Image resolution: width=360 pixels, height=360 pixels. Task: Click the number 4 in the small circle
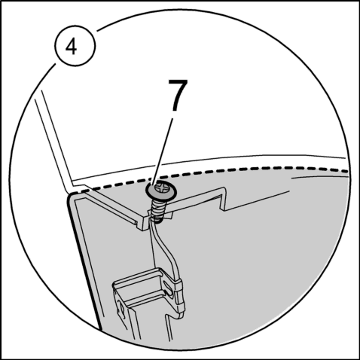tap(71, 47)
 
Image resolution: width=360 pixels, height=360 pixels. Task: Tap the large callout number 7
tap(178, 95)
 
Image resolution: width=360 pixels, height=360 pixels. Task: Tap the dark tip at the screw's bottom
tap(158, 220)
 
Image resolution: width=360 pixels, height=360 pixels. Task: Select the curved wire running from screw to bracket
tap(168, 251)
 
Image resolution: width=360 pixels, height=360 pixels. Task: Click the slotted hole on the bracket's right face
tap(168, 288)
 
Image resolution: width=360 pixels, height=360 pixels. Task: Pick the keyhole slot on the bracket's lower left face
tap(121, 311)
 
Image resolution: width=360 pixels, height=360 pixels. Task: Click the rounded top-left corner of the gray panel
tap(70, 196)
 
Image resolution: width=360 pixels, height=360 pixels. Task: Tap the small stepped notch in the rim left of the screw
tap(142, 224)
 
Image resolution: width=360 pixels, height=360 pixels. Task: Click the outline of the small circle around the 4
tap(55, 45)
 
